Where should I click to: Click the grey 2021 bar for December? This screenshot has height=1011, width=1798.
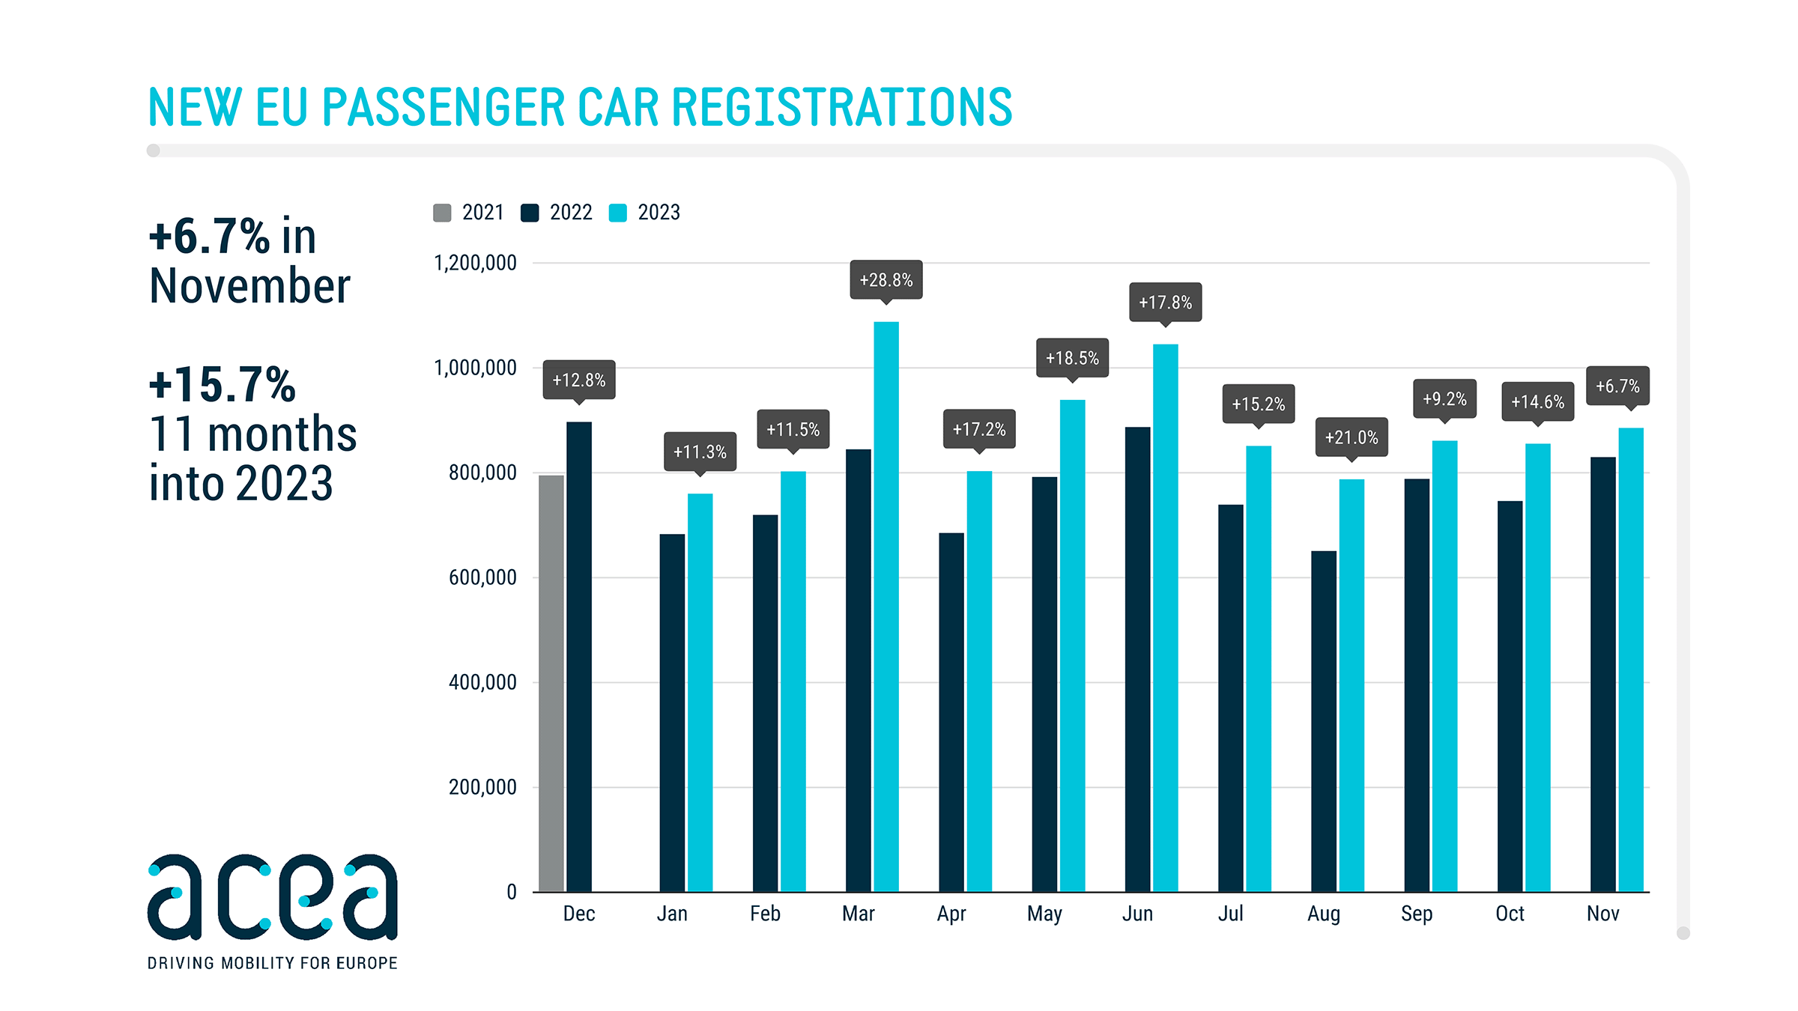pos(551,683)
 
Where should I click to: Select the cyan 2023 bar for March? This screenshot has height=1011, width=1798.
pos(886,607)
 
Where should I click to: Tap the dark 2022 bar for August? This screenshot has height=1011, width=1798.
pos(1323,721)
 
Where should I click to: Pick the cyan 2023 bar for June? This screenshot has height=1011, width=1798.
pos(1165,618)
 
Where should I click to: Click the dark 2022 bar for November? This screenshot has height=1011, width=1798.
pos(1602,674)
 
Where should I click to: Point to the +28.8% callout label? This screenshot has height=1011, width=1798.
pos(886,280)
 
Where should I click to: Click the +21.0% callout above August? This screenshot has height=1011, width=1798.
pos(1351,437)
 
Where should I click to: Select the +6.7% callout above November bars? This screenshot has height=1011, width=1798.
pos(1617,386)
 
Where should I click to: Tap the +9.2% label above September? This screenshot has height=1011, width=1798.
pos(1444,399)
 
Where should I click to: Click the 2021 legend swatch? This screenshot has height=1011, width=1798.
pos(442,213)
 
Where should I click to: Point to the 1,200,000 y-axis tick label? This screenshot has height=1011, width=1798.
pos(475,263)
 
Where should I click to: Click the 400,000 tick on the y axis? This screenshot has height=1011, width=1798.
pos(482,682)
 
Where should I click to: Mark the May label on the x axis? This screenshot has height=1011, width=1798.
pos(1044,914)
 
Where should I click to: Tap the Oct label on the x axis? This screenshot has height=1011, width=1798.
pos(1510,914)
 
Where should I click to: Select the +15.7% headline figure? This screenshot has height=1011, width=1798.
pos(223,384)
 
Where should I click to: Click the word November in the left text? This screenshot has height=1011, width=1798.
pos(249,286)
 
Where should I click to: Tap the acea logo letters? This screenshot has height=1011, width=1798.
pos(272,897)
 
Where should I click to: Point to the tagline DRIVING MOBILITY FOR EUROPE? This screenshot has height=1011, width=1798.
pos(272,963)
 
